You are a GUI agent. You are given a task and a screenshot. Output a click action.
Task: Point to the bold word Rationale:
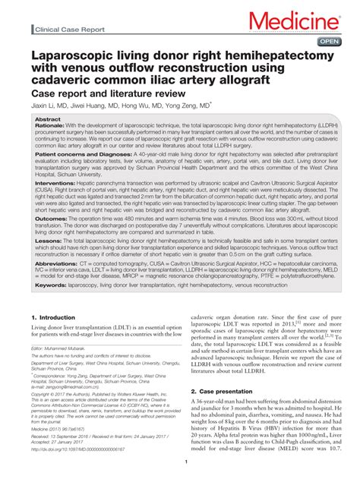coord(52,127)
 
